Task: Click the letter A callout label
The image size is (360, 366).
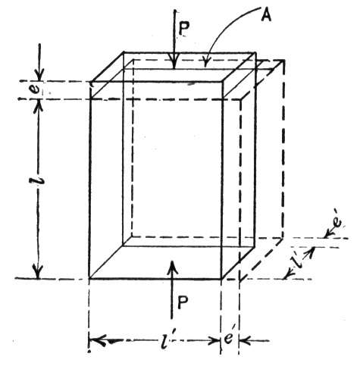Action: (266, 16)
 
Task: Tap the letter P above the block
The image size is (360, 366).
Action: (184, 29)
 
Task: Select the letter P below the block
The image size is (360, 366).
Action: (183, 302)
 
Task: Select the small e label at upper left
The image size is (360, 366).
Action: (38, 90)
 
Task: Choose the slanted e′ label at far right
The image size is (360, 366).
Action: (337, 222)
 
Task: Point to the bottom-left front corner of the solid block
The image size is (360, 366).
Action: (89, 279)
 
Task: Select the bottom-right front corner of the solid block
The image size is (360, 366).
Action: (221, 279)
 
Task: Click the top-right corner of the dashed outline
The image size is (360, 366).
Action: (283, 61)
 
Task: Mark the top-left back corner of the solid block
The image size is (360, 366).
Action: (124, 52)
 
